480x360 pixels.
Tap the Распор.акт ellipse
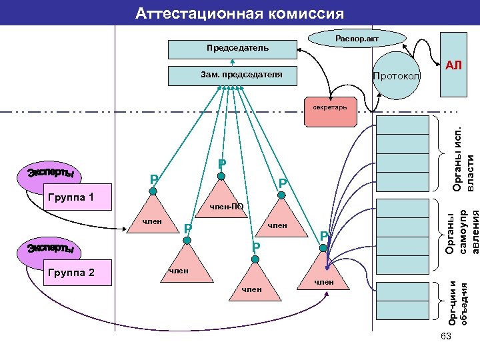356,40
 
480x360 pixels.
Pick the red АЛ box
453,65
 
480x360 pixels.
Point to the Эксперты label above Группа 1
50,174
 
